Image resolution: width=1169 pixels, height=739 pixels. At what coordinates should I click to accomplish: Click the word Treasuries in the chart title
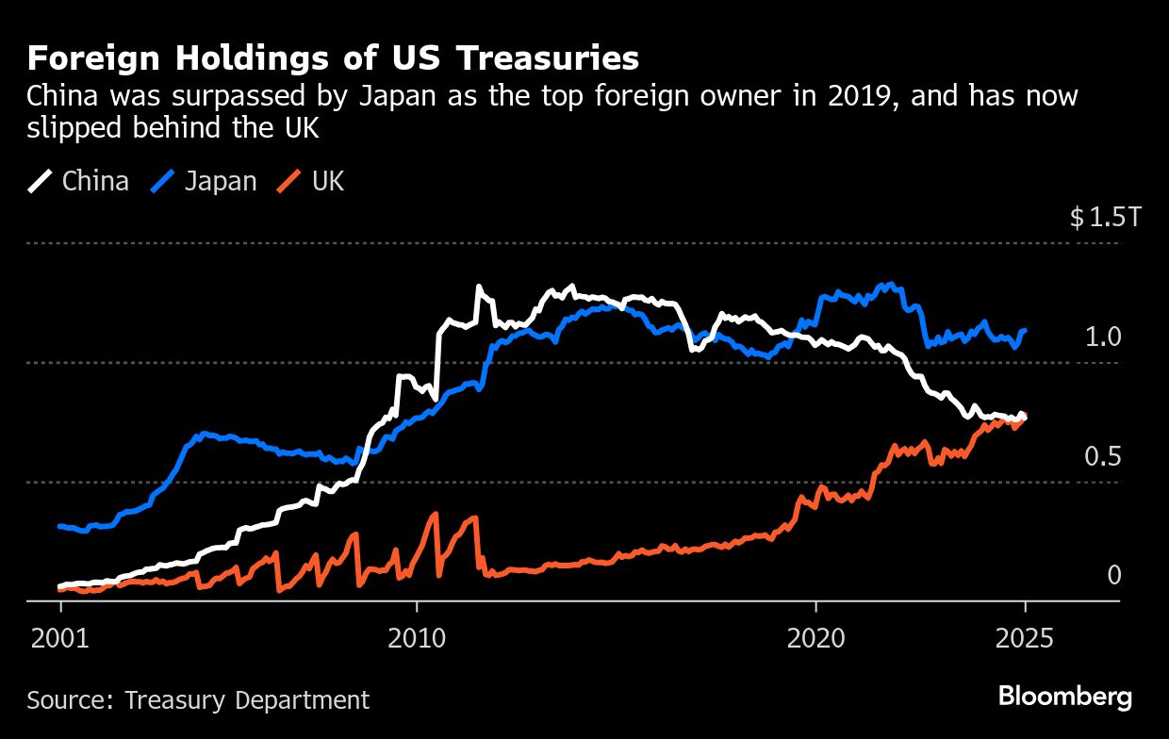[x=548, y=58]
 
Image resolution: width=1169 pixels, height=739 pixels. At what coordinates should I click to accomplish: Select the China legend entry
[x=95, y=181]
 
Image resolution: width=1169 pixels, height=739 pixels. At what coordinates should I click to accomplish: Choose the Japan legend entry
[x=221, y=181]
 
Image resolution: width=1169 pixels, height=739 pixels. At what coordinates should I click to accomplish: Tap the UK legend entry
[x=328, y=181]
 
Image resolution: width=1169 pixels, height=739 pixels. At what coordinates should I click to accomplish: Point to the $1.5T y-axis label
[x=1105, y=218]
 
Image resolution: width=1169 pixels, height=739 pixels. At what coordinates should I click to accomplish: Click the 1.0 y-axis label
[x=1102, y=337]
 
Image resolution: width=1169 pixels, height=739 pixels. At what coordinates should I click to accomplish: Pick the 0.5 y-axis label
[x=1102, y=456]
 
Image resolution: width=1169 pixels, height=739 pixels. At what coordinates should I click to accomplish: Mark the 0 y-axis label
[x=1113, y=575]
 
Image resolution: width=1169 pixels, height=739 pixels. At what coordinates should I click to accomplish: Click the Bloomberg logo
[x=1065, y=698]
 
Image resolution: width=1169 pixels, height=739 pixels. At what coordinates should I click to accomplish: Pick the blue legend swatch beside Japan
[x=163, y=181]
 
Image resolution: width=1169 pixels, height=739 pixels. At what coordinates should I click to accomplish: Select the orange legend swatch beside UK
[x=290, y=181]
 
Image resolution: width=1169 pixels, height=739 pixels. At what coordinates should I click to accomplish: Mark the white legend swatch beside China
[x=41, y=181]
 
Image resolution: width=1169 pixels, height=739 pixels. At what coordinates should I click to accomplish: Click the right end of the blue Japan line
[x=1026, y=331]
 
